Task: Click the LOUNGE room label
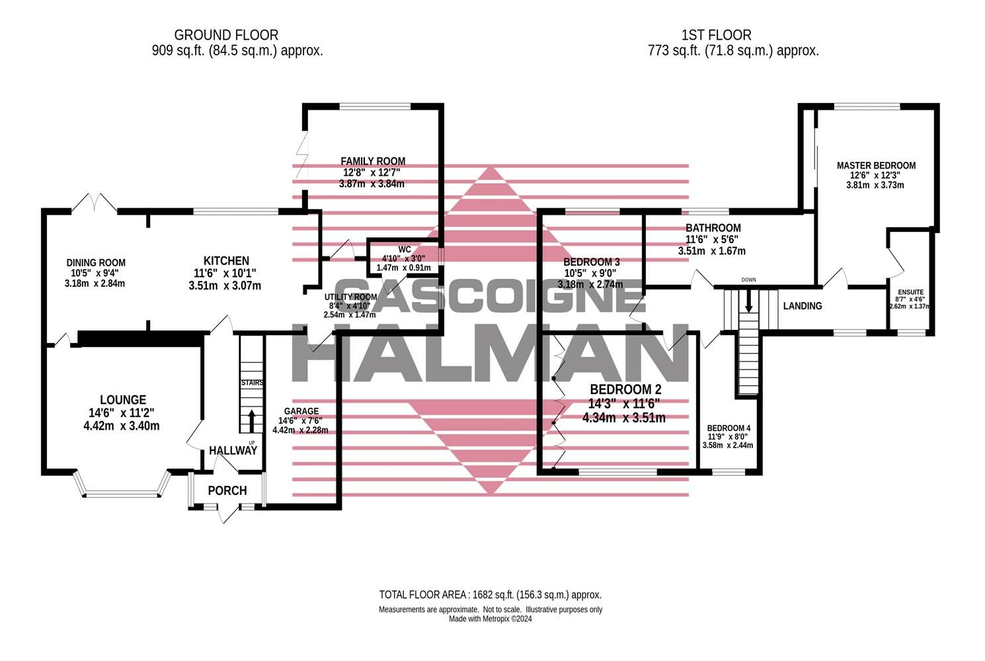[122, 400]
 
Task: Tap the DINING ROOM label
[96, 262]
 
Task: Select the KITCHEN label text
[226, 261]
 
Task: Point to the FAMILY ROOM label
[373, 161]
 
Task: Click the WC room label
[405, 250]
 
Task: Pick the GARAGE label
[301, 411]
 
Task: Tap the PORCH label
[227, 490]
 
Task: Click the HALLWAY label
[233, 451]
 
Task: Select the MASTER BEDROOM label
[876, 165]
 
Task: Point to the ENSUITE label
[910, 292]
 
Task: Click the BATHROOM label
[713, 228]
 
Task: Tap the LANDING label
[802, 306]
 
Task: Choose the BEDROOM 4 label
[728, 428]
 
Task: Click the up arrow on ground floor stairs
[251, 420]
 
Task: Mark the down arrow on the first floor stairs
[748, 303]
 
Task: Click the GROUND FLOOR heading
[226, 35]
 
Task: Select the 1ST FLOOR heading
[716, 35]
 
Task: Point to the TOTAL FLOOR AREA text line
[490, 595]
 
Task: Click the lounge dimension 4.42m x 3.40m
[122, 426]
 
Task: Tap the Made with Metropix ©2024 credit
[490, 619]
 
